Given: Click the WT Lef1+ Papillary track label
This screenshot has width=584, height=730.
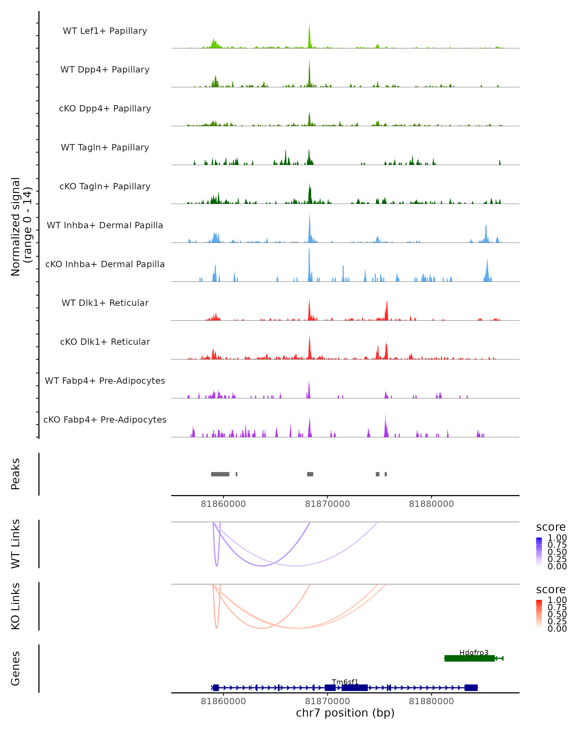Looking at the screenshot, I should pos(105,31).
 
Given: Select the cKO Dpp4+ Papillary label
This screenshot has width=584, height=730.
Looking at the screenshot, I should pos(105,109).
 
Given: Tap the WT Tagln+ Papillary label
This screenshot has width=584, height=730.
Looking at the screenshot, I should pos(105,148).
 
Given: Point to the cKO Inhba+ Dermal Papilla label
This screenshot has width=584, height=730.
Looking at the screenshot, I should pos(105,265).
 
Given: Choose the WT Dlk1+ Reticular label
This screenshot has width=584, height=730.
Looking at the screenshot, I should pos(105,303).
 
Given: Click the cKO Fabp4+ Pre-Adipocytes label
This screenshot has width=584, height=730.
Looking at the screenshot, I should pos(105,420).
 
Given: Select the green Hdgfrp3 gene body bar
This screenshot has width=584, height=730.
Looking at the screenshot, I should pos(469,658).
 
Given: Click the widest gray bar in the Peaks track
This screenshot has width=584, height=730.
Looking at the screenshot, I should pos(220,474).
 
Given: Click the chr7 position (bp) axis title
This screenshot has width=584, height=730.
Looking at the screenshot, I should pos(345,713).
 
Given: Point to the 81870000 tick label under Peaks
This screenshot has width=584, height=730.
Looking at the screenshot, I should pos(327,504).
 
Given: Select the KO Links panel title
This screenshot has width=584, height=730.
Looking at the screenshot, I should pos(16,606).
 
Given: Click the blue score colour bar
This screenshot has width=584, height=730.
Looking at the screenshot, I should pos(539,552).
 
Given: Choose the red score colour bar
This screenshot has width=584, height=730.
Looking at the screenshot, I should pos(539,614).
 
